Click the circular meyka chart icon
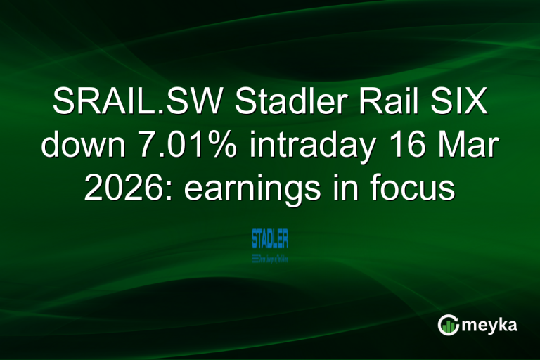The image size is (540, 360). point(448,325)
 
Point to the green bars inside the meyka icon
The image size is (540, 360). point(448,326)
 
